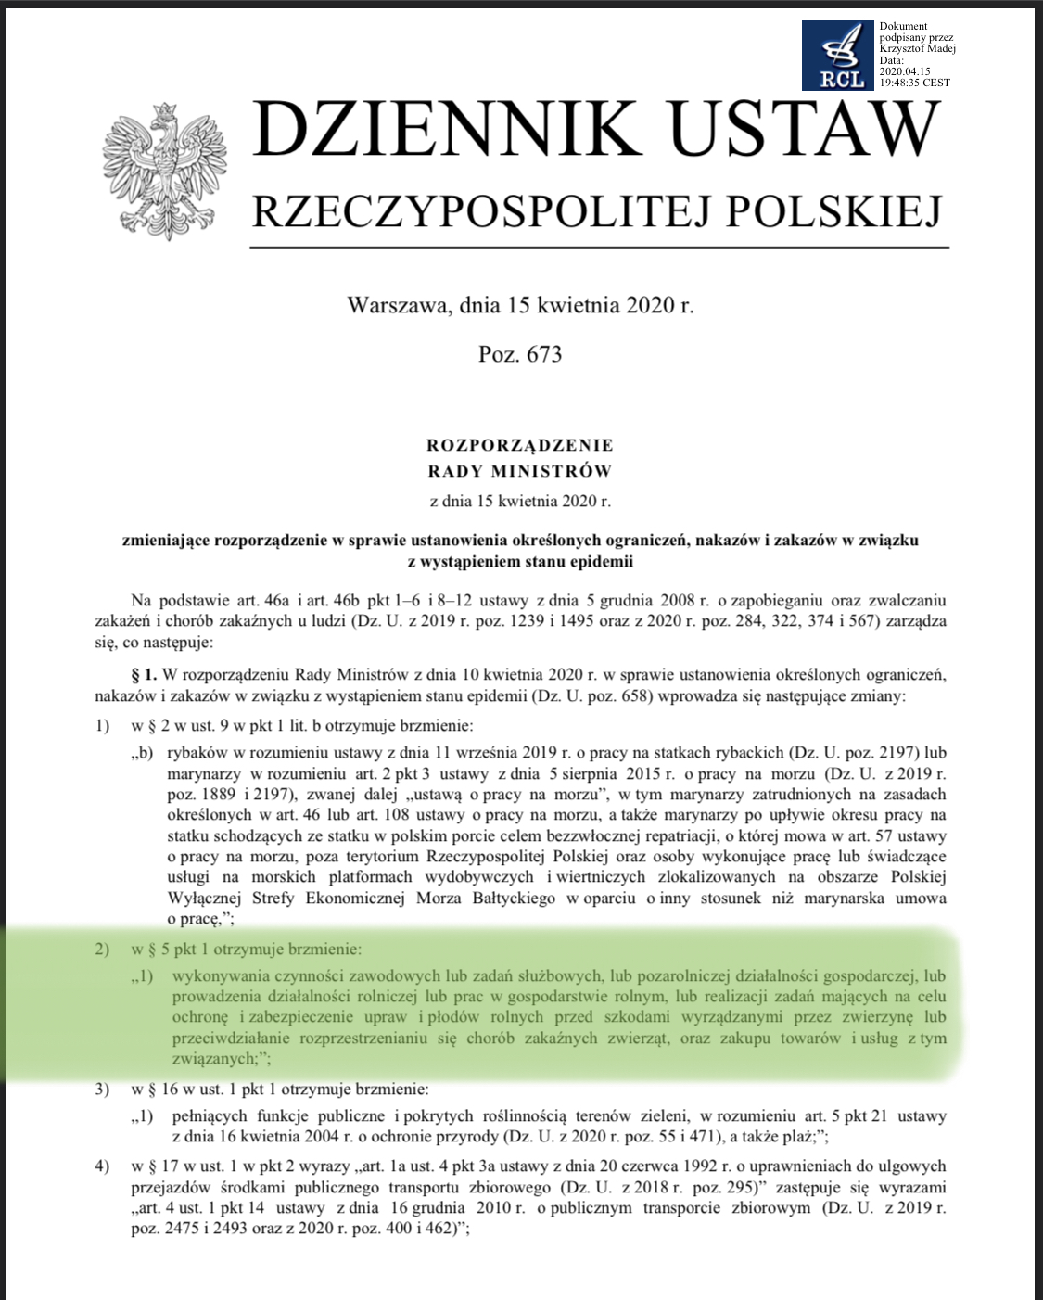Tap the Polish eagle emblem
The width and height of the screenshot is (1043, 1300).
coord(165,172)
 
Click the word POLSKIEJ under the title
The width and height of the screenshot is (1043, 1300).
coord(833,211)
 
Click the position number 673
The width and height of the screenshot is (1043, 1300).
coord(543,354)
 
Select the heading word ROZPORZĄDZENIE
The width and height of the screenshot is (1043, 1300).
coord(520,445)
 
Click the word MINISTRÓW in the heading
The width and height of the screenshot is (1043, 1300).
coord(553,471)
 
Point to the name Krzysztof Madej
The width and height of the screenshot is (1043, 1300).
coord(917,48)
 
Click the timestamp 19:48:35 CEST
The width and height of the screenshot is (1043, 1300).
coord(914,83)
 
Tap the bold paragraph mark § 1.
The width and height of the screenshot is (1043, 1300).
coord(144,675)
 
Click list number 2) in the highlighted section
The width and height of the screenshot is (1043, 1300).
coord(102,950)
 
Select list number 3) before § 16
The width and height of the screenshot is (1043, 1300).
coord(102,1089)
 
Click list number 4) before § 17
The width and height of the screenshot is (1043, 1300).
coord(102,1166)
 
